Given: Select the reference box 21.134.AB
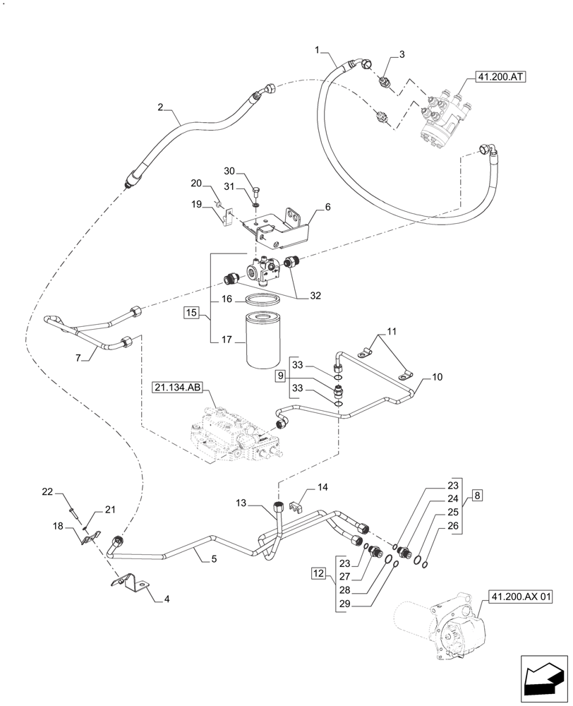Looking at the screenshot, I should (176, 387).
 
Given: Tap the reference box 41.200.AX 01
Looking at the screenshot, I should (519, 597).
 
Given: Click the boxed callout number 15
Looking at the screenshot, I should (191, 311).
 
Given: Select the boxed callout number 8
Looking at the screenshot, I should (478, 496).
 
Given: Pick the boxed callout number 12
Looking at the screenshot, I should (320, 576).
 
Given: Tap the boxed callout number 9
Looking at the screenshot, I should (280, 377).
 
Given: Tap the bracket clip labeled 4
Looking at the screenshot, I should (134, 582).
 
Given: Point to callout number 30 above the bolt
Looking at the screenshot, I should (229, 171).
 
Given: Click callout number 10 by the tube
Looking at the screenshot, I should (438, 378).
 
